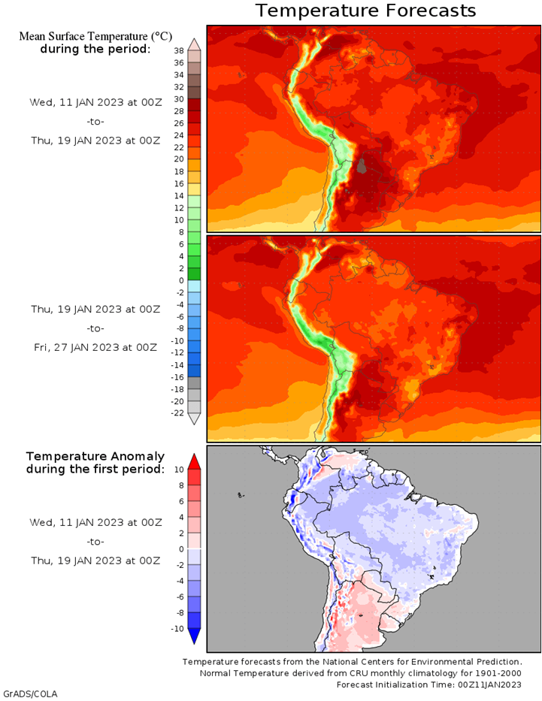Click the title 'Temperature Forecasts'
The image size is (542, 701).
coord(365,11)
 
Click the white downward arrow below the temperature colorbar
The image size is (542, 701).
coord(194,419)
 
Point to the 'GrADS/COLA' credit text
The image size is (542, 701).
coord(30,693)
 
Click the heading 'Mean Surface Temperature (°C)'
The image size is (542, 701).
coord(95,36)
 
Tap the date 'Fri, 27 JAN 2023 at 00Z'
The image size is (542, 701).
coord(95,347)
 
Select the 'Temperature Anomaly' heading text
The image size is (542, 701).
coord(95,456)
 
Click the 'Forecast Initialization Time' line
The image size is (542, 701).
coord(428,684)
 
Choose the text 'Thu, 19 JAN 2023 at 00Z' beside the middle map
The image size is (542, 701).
coord(95,309)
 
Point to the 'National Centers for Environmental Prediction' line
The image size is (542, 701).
coord(352,662)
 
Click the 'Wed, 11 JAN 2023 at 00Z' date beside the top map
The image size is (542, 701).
coord(95,102)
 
